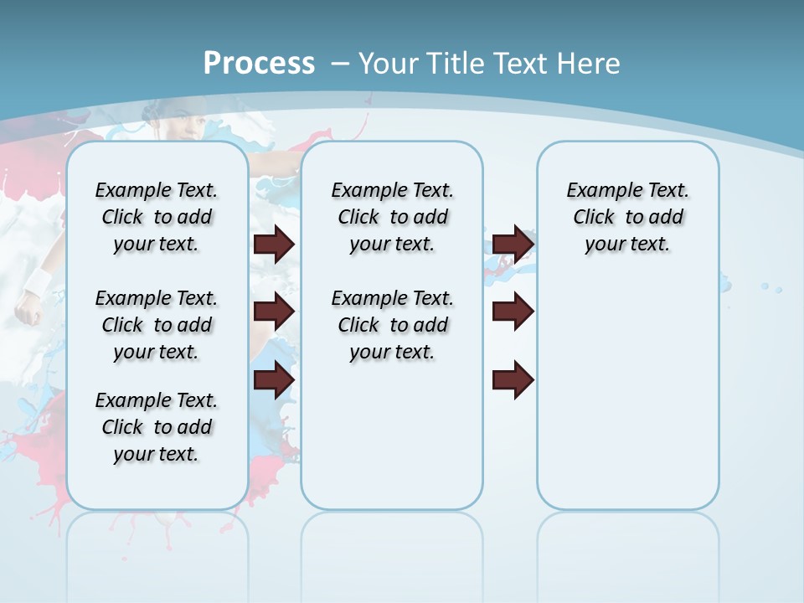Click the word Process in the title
(x=259, y=63)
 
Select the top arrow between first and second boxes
(x=274, y=244)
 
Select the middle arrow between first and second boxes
(x=274, y=312)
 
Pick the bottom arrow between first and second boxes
(x=274, y=380)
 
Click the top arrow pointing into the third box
(x=513, y=244)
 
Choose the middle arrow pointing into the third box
(x=513, y=312)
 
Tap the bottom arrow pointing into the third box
(x=513, y=380)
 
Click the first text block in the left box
(x=157, y=217)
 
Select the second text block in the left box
(x=157, y=325)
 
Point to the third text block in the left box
(x=157, y=427)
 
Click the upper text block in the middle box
(x=392, y=217)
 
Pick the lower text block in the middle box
(x=392, y=325)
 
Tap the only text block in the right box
(x=627, y=217)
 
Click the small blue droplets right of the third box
(x=770, y=287)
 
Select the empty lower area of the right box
(x=627, y=402)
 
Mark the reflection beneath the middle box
(x=392, y=544)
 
